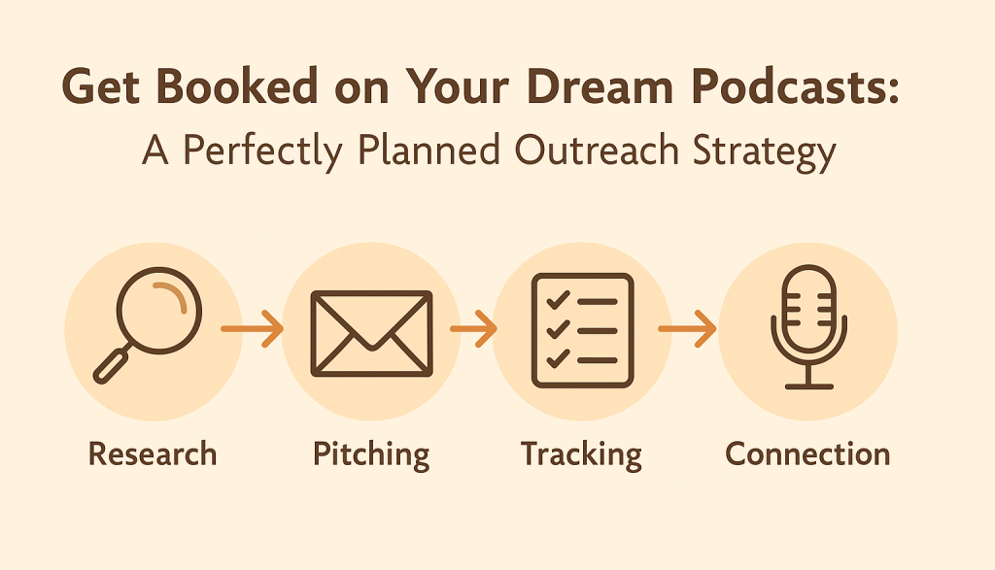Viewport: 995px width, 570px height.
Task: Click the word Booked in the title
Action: coord(237,86)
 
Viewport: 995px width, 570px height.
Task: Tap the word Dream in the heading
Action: coord(599,86)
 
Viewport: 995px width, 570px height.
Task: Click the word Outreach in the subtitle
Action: coord(597,151)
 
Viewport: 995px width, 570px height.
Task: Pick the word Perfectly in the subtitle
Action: coord(262,152)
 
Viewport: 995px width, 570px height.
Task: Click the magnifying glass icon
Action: coord(148,324)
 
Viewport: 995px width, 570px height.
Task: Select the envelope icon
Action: coord(371,333)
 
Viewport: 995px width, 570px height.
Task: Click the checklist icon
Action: coord(583,330)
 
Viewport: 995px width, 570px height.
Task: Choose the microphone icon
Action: coord(808,326)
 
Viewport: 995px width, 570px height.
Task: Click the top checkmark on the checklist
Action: coord(557,300)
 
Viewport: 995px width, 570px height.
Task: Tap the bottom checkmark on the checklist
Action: coord(557,359)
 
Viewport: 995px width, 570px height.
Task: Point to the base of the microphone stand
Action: coord(808,386)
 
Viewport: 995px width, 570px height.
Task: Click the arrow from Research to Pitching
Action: coord(252,328)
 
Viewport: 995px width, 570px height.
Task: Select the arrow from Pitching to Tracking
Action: coord(473,328)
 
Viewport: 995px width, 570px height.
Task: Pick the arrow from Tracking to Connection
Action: coord(687,328)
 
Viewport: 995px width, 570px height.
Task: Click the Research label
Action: coord(153,454)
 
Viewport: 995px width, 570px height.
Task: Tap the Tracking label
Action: coord(581,455)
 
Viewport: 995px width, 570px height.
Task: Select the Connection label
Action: coord(807,454)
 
